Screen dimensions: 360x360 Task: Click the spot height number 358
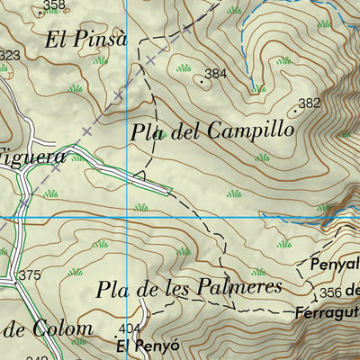tap(55, 6)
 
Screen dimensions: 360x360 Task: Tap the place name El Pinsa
tap(85, 39)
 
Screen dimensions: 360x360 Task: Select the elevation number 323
tap(9, 56)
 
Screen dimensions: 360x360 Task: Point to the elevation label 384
tap(215, 74)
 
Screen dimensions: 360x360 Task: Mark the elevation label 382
tap(309, 103)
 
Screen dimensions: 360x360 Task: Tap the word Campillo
tap(250, 130)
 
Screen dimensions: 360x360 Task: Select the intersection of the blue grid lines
tap(127, 217)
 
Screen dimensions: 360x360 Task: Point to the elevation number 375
tap(30, 274)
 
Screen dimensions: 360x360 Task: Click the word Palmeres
tap(231, 287)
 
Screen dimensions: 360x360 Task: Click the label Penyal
tap(334, 265)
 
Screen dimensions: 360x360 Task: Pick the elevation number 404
tap(130, 328)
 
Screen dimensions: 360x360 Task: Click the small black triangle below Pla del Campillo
tap(139, 175)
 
